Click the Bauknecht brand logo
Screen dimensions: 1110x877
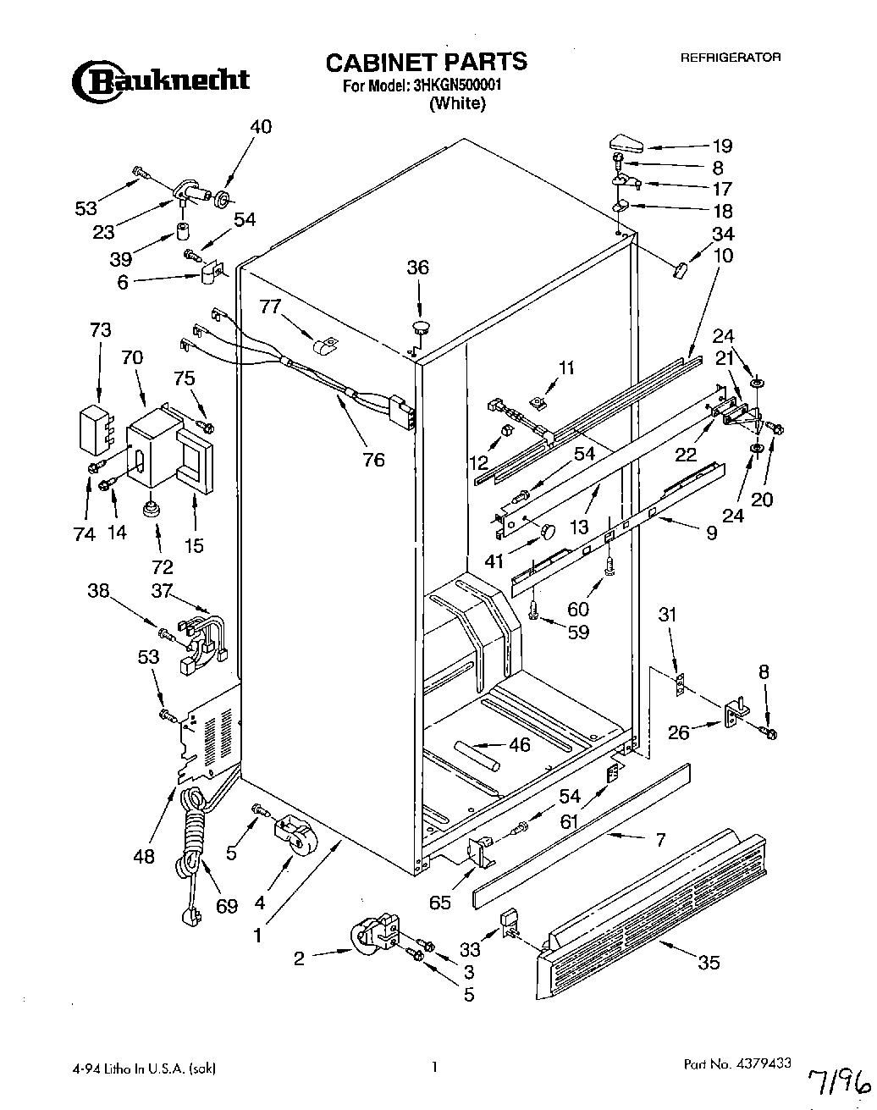160,80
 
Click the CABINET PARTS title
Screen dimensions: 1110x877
426,62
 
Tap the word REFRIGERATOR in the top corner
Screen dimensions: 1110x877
731,58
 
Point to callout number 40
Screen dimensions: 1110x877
261,126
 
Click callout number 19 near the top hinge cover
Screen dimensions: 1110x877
721,145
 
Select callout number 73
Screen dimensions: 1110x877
100,330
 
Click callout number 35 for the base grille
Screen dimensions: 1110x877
710,962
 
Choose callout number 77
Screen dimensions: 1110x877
269,306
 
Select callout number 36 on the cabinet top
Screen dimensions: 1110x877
417,268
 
